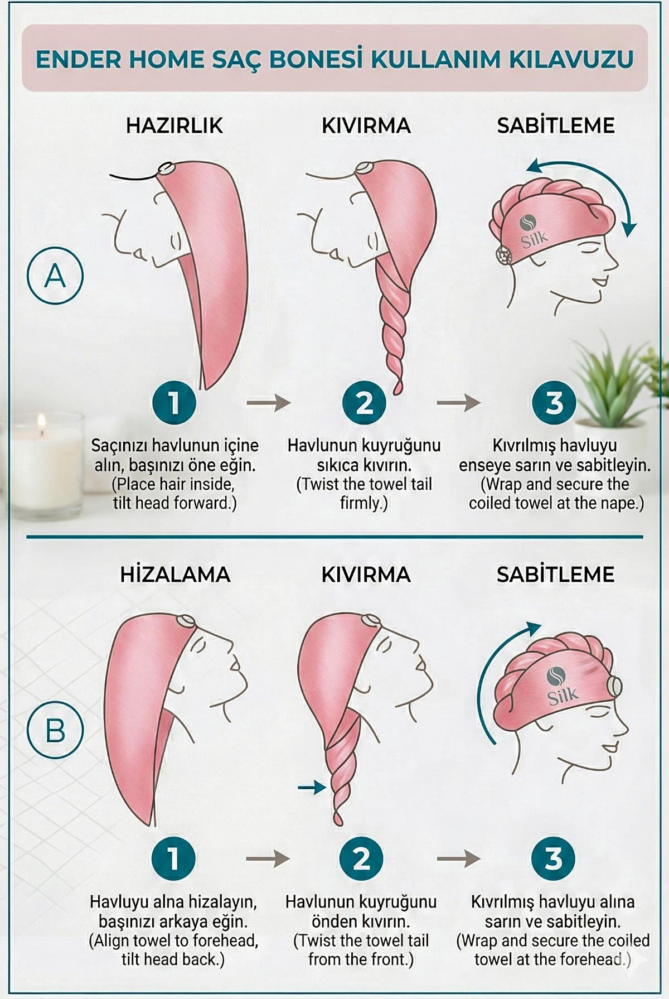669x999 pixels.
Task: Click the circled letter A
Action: point(55,275)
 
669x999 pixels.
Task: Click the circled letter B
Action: point(55,728)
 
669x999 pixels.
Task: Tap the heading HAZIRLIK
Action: point(174,126)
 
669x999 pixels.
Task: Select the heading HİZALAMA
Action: point(175,575)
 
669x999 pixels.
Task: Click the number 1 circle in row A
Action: point(174,402)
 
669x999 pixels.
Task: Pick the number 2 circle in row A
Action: point(364,402)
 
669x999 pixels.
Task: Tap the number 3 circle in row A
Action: point(554,402)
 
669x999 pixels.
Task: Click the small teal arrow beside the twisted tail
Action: point(311,787)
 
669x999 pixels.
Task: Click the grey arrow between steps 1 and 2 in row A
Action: point(269,402)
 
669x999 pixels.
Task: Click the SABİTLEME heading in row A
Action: point(556,126)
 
